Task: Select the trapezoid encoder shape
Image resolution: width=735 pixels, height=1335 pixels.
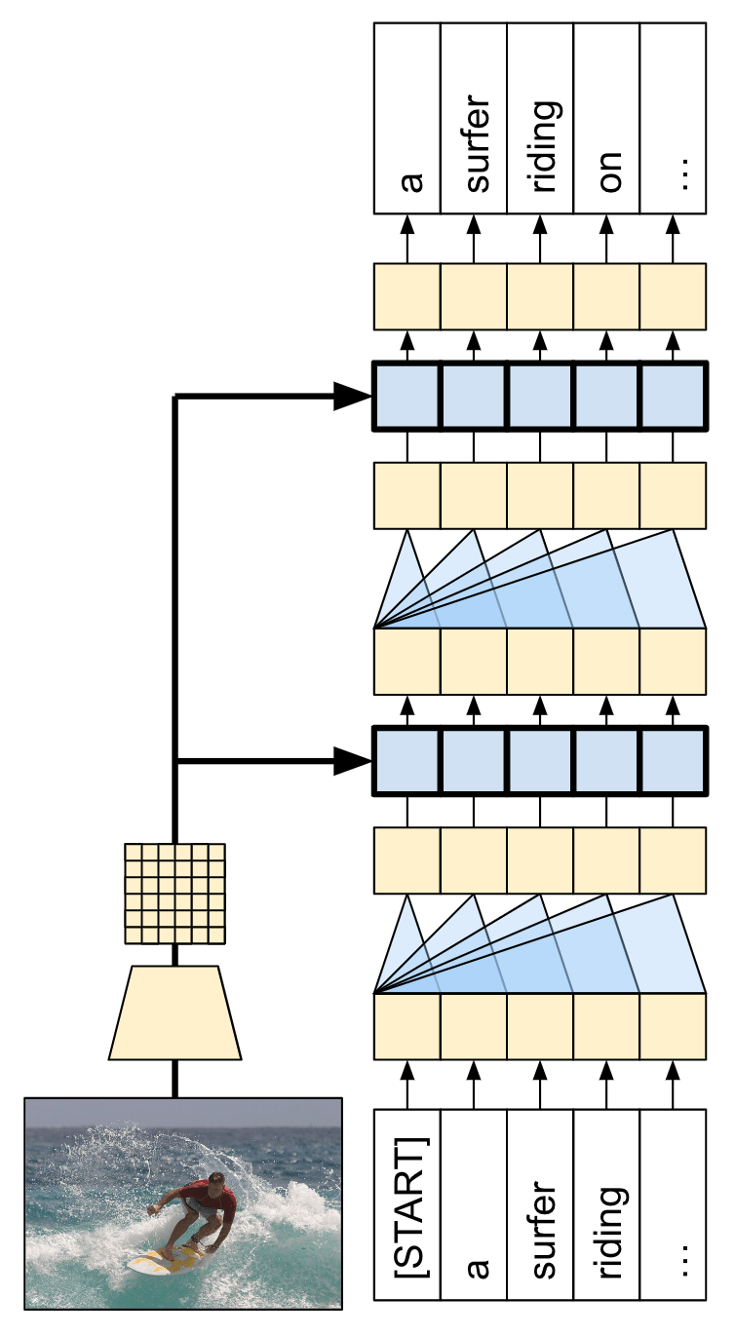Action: click(x=175, y=1012)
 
